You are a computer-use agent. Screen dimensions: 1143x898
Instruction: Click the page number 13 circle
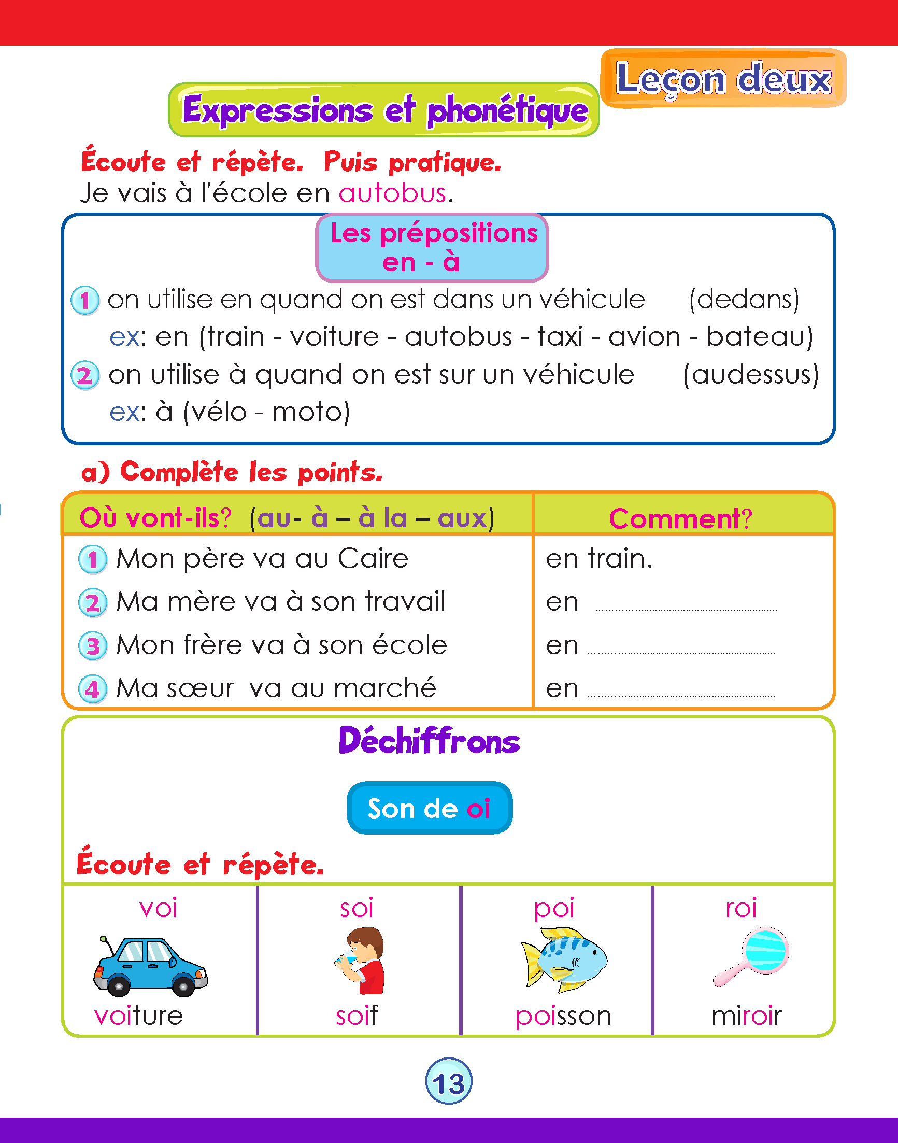tap(448, 1081)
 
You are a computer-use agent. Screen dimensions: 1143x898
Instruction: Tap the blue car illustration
tap(150, 966)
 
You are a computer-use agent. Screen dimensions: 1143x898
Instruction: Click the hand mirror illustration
tap(752, 956)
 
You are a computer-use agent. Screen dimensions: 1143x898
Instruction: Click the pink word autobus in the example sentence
tap(393, 193)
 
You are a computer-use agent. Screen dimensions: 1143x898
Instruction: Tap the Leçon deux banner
tap(723, 79)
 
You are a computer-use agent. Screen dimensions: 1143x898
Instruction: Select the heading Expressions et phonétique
tap(384, 110)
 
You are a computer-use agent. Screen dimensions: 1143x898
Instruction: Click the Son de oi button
tap(429, 808)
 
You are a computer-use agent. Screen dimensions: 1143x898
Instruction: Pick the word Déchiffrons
tap(429, 741)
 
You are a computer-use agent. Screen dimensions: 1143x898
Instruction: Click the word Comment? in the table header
tap(680, 519)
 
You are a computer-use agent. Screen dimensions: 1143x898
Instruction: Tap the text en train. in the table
tap(599, 559)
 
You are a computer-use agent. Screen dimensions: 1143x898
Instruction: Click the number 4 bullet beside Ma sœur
tap(93, 689)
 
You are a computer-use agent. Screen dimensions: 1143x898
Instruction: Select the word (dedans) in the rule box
tap(744, 299)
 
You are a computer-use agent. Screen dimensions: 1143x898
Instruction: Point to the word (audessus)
tap(751, 374)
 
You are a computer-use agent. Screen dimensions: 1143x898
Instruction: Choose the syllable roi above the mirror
tap(741, 908)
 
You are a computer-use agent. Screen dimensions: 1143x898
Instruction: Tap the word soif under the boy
tap(357, 1015)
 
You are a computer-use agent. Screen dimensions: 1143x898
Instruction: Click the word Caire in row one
tap(373, 559)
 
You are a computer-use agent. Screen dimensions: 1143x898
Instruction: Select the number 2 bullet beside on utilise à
tap(85, 376)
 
